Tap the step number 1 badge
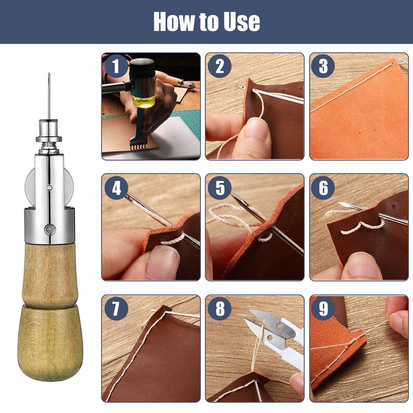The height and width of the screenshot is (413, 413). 115,67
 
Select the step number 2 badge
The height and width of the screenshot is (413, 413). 220,67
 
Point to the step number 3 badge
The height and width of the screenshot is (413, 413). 323,67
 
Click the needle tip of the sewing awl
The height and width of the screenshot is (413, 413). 49,76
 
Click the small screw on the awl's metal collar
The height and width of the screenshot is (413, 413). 48,227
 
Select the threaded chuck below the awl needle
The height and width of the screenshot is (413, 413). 49,133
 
